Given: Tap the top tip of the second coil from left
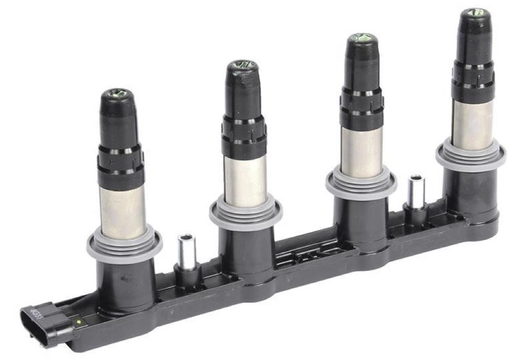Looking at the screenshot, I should pyautogui.click(x=241, y=65).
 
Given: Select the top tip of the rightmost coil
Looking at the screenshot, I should pyautogui.click(x=473, y=12).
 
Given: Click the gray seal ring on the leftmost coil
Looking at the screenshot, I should pyautogui.click(x=124, y=245).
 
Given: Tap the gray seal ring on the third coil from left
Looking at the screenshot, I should pyautogui.click(x=361, y=184).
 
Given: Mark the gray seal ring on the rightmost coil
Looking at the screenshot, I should pyautogui.click(x=471, y=155).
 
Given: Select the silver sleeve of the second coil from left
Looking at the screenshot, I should pyautogui.click(x=246, y=180).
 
